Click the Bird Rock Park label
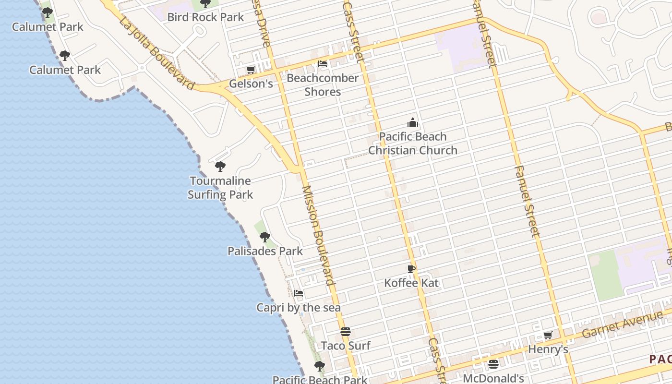205,17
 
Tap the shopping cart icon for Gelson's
251,70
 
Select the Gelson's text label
251,84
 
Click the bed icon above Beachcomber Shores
323,63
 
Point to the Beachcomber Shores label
323,85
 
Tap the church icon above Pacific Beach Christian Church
412,122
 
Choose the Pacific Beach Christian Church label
412,144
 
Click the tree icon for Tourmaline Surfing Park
220,167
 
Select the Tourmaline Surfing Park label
220,188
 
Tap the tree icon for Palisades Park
264,237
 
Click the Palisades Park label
265,251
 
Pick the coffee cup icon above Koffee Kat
411,269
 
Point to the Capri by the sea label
299,308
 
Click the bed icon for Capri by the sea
299,293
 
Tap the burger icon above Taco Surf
346,332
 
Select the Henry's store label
548,349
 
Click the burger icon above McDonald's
493,364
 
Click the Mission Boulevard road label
318,235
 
